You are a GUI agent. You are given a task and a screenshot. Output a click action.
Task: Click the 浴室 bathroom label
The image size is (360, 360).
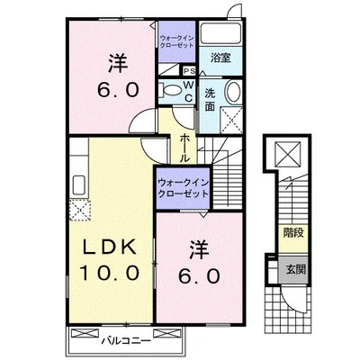pyautogui.click(x=220, y=58)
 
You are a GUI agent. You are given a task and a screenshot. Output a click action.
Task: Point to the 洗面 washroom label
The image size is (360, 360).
pyautogui.click(x=210, y=98)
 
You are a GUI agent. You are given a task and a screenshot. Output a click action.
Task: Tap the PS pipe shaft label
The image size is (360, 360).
pyautogui.click(x=190, y=71)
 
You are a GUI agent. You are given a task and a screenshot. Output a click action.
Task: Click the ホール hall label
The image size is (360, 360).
pyautogui.click(x=184, y=145)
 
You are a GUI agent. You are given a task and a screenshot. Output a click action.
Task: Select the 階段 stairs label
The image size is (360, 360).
pyautogui.click(x=292, y=232)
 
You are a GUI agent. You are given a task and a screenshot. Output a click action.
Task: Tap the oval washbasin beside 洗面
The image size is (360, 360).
pyautogui.click(x=231, y=94)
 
